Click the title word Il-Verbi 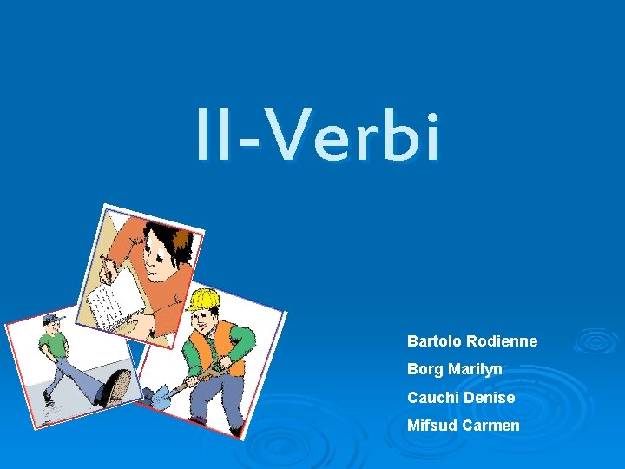click(318, 135)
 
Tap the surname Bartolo click(434, 341)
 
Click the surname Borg click(425, 369)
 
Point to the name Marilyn click(475, 369)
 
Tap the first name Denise click(489, 397)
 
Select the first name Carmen click(491, 425)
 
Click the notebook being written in click(113, 300)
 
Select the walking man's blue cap click(54, 320)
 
